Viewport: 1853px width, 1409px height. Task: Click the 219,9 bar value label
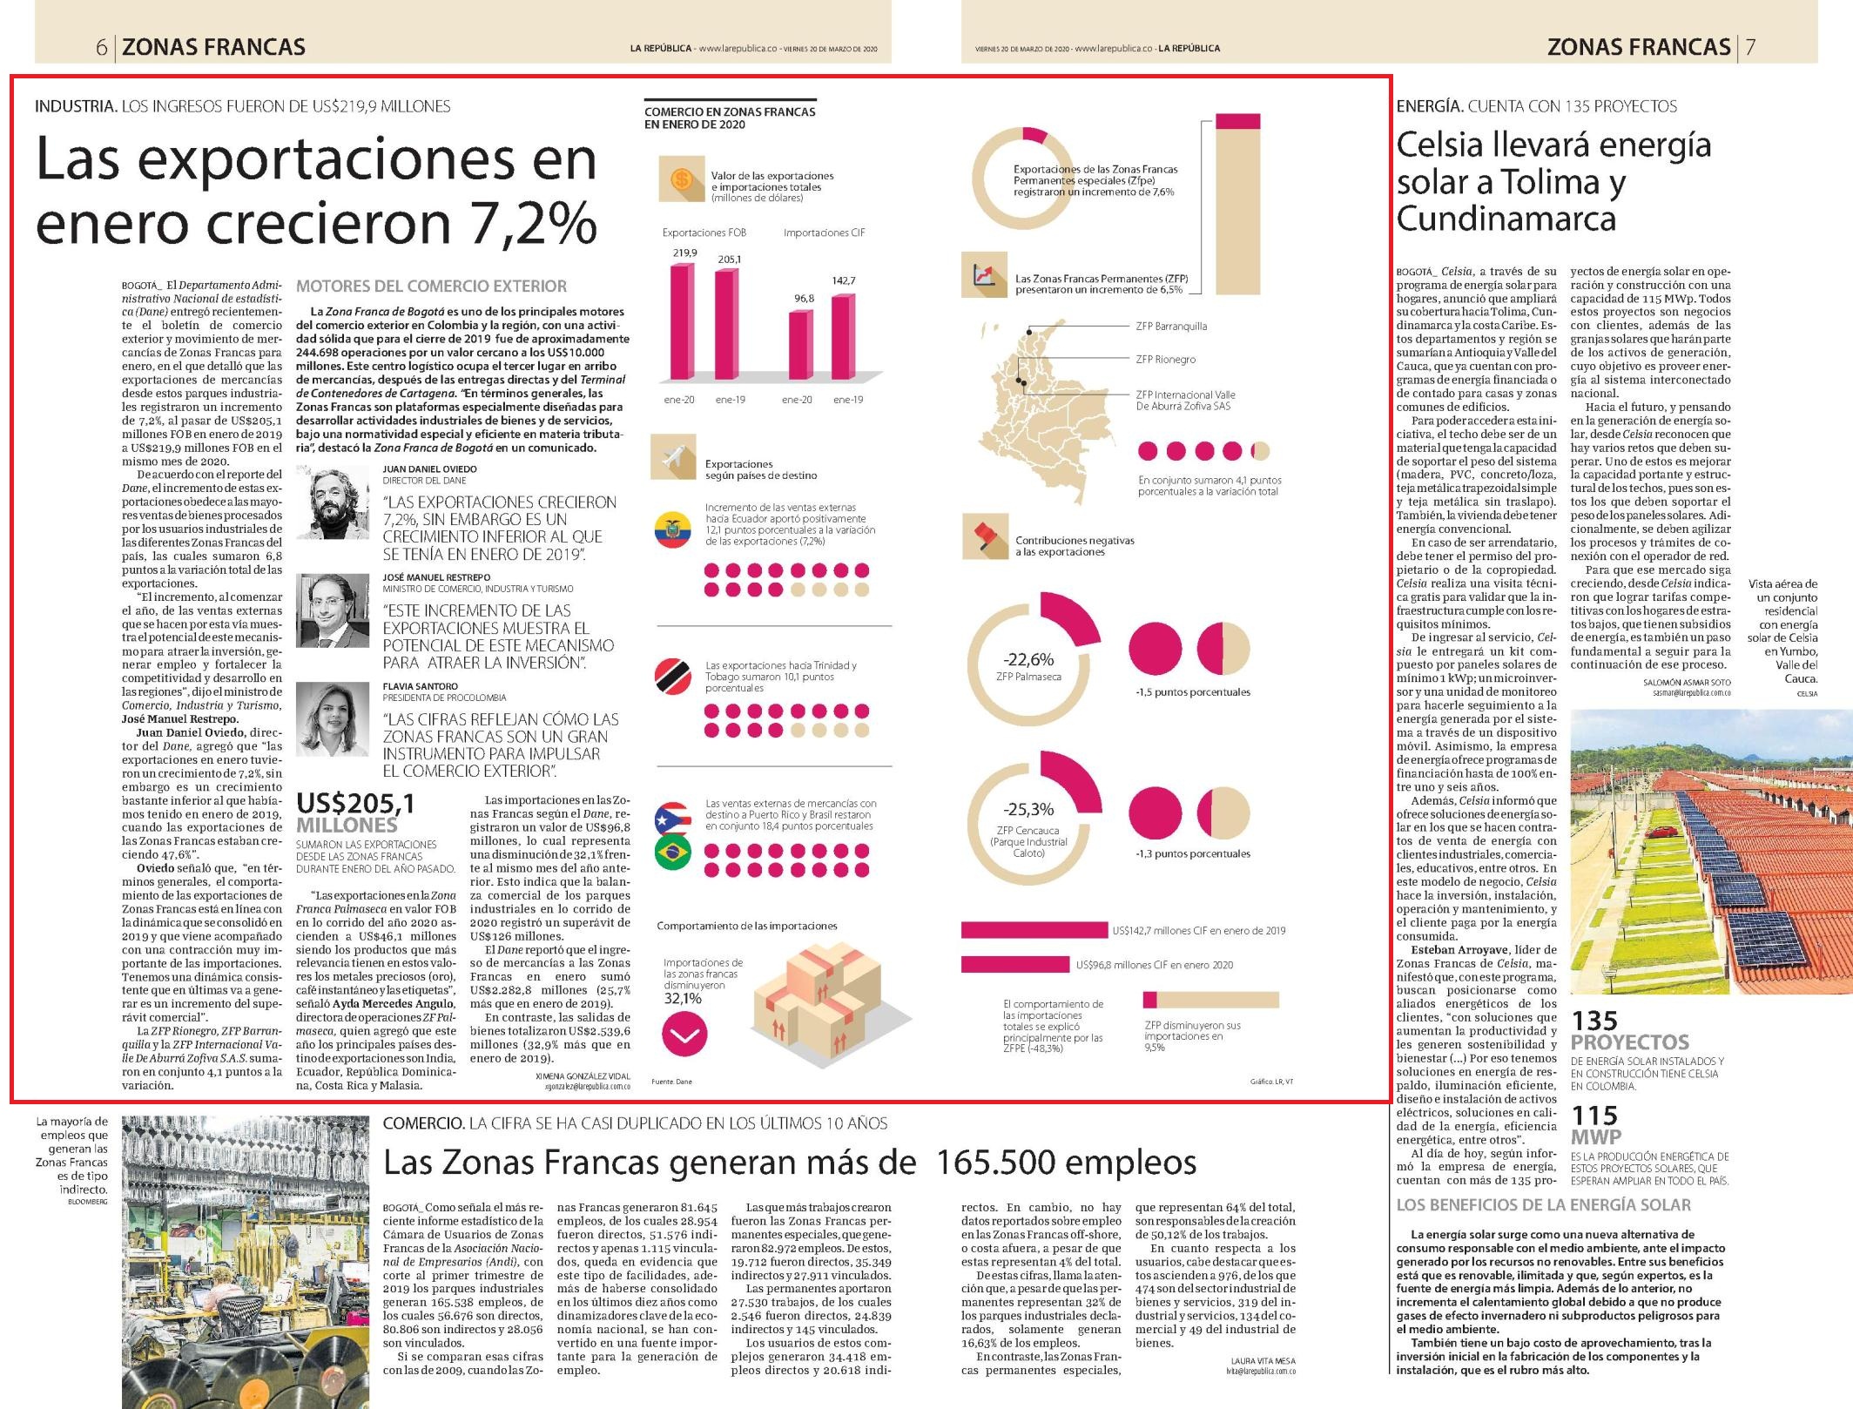(x=684, y=253)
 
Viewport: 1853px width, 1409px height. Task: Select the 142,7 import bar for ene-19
(x=843, y=338)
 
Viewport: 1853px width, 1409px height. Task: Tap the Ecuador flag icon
(x=672, y=530)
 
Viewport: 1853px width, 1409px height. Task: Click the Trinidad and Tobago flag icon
(x=672, y=677)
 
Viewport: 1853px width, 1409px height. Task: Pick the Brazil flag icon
(x=672, y=852)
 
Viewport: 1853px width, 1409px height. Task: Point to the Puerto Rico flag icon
(x=672, y=818)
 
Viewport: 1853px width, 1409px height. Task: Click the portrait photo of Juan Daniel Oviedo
(x=333, y=502)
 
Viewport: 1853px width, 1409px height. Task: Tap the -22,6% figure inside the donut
(x=1028, y=659)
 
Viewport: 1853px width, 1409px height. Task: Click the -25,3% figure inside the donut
(x=1028, y=809)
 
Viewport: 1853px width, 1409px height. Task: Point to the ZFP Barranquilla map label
(x=1171, y=327)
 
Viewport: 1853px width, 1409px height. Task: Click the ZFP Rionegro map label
(x=1166, y=359)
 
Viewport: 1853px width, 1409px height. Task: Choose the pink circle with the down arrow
(x=684, y=1035)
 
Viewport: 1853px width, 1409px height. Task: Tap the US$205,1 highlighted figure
(x=356, y=803)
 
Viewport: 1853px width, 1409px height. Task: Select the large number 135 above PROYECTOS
(x=1594, y=1021)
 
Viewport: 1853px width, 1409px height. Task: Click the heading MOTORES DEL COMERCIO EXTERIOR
(x=431, y=287)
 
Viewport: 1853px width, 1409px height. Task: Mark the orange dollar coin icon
(x=682, y=180)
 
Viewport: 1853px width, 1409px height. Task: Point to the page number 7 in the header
(x=1750, y=47)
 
